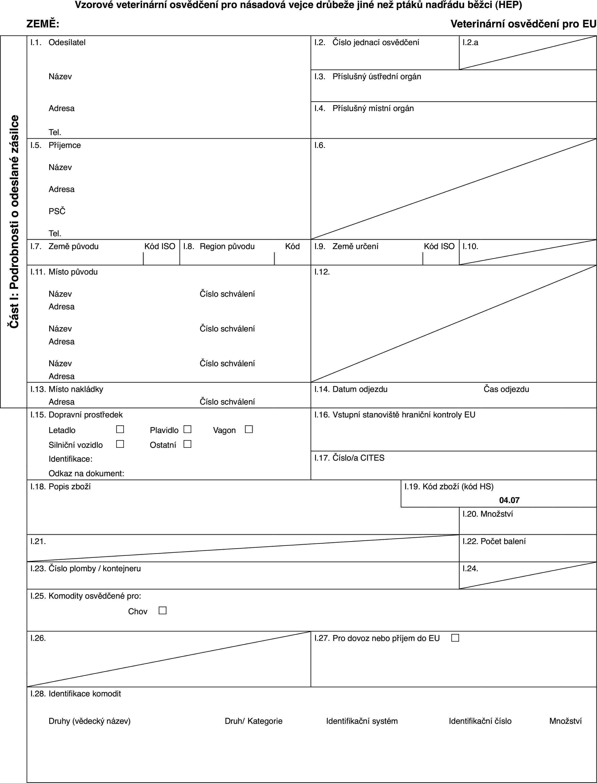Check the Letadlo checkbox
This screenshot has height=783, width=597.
[x=120, y=429]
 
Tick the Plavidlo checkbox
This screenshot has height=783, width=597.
[x=188, y=429]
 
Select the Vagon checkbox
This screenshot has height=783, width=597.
[x=249, y=429]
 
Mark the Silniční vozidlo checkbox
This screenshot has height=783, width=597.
[x=120, y=444]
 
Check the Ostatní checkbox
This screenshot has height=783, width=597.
[x=188, y=444]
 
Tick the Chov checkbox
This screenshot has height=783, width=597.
[x=162, y=610]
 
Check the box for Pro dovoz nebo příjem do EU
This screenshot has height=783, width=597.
[x=455, y=638]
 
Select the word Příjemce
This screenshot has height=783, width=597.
[x=65, y=145]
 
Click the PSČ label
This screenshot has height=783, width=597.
[x=57, y=211]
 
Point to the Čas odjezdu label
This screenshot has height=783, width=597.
[x=506, y=389]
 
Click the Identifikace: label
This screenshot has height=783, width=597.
[x=70, y=459]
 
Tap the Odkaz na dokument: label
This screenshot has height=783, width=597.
[x=86, y=473]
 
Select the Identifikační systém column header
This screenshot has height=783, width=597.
[x=362, y=721]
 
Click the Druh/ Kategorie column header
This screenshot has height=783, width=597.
[x=253, y=721]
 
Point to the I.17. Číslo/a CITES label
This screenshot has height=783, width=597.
[x=349, y=458]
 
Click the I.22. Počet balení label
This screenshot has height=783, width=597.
[x=494, y=542]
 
